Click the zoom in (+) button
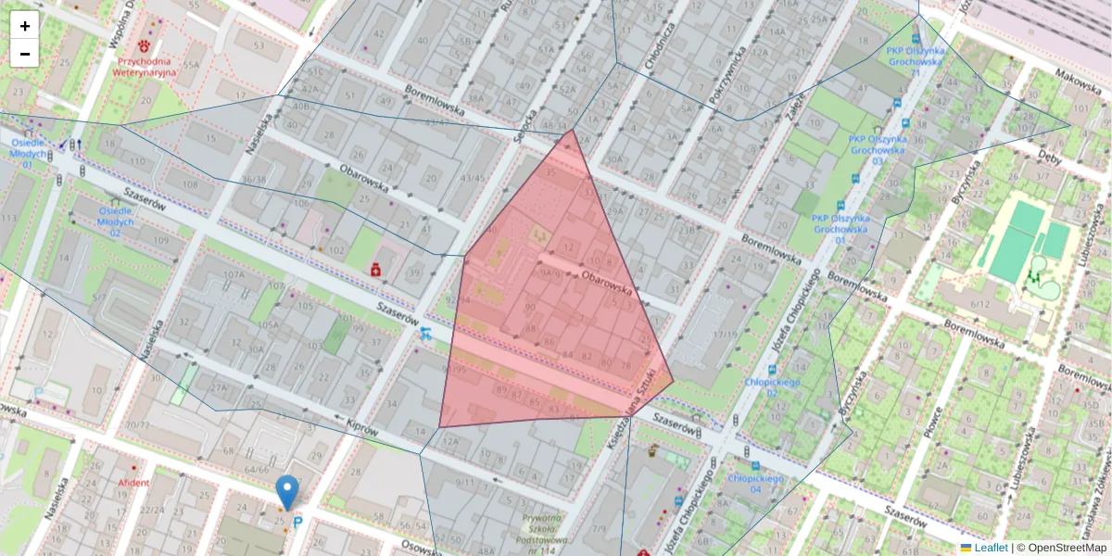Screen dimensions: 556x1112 tap(25, 26)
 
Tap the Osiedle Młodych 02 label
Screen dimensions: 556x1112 tap(116, 221)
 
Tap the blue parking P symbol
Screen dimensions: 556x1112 tap(297, 523)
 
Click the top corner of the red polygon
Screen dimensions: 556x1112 tap(572, 131)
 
